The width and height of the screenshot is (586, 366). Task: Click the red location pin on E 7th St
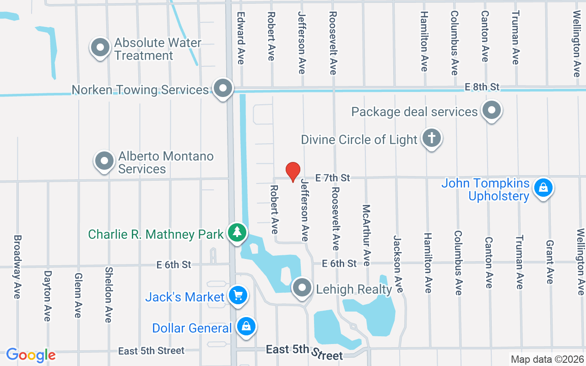click(293, 172)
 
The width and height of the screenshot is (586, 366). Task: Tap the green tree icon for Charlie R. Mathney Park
click(237, 233)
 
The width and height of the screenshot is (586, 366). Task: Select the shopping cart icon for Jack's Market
click(238, 295)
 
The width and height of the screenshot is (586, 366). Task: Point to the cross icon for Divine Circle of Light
click(431, 138)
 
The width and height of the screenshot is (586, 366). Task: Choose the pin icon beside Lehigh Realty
click(302, 288)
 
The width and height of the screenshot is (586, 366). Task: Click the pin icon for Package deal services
click(492, 110)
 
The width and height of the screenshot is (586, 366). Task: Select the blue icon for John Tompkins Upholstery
click(543, 188)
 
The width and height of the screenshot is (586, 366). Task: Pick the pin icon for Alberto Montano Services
click(104, 161)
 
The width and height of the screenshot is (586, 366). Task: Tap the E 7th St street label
click(333, 178)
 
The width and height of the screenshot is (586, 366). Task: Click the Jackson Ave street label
click(398, 264)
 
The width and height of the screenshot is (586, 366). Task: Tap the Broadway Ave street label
click(17, 267)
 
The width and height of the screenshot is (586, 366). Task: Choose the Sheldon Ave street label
click(108, 295)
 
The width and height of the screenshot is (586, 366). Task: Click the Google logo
click(31, 355)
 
